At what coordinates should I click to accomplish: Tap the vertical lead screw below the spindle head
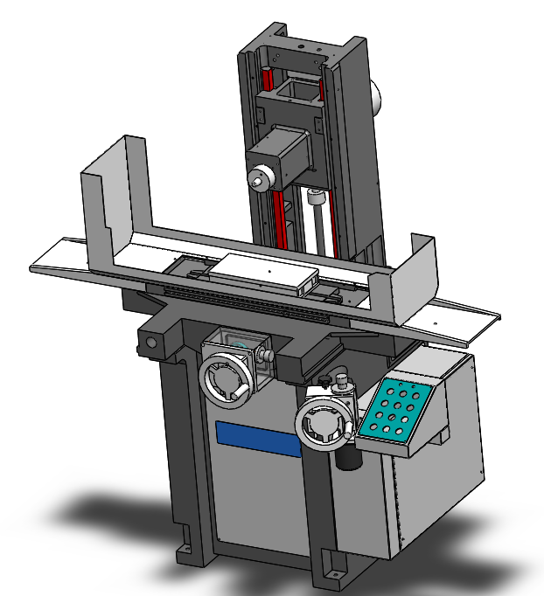pyautogui.click(x=316, y=223)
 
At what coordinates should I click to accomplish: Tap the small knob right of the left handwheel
pyautogui.click(x=269, y=356)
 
